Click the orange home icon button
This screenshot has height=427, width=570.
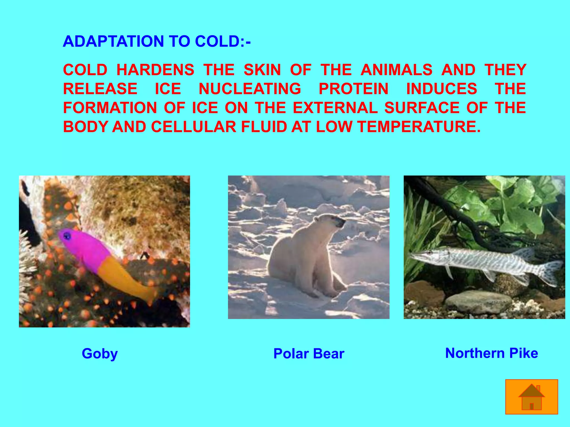(532, 397)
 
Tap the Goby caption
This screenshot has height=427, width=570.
(100, 354)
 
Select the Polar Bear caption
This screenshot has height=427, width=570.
(309, 354)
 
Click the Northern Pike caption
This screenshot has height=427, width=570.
(492, 353)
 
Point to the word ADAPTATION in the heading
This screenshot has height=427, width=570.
(113, 41)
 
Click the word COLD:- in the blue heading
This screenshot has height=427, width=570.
(223, 41)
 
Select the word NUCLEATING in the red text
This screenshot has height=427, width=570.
(250, 89)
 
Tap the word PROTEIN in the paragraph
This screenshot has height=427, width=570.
(353, 89)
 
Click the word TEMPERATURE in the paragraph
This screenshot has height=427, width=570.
(419, 127)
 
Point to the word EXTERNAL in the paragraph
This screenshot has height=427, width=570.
(335, 108)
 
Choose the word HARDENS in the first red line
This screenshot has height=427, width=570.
(155, 70)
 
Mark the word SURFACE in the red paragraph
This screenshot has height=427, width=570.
(422, 108)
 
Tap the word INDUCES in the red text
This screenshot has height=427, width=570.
(442, 89)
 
